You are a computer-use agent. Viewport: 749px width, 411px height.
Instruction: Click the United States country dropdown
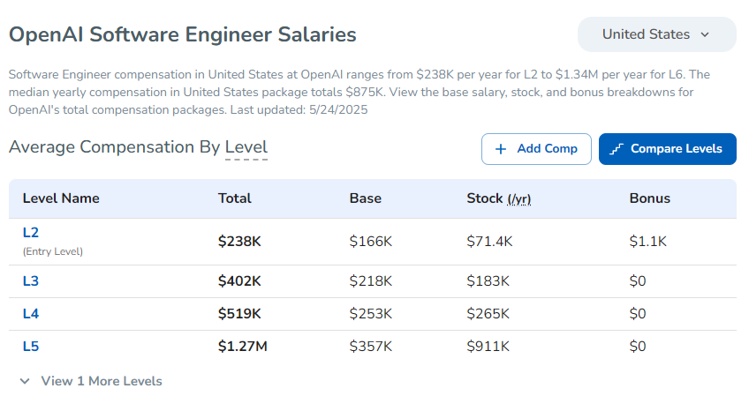(656, 34)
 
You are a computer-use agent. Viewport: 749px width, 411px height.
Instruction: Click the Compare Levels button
(667, 149)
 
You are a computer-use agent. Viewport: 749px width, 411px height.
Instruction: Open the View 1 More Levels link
(91, 381)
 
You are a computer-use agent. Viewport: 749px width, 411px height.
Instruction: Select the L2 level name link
(31, 233)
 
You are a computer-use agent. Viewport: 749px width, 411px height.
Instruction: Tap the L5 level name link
(31, 347)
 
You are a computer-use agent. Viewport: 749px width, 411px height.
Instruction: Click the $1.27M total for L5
(242, 347)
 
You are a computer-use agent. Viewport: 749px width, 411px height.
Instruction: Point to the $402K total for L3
(239, 281)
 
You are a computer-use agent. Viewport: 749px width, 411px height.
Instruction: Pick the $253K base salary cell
(370, 314)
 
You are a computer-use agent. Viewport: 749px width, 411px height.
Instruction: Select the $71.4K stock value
(489, 241)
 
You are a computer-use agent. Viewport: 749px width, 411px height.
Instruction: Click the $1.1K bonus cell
(647, 241)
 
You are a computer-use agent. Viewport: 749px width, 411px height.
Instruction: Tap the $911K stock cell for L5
(488, 347)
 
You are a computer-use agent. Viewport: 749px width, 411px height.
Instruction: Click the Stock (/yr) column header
(498, 198)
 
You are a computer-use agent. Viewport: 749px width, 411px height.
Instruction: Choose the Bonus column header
(649, 198)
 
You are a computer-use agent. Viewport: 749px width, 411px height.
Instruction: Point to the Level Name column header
(61, 198)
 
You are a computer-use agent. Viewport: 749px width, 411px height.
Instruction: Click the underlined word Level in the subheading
(246, 147)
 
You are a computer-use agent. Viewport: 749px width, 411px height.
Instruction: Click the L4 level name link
(31, 314)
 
